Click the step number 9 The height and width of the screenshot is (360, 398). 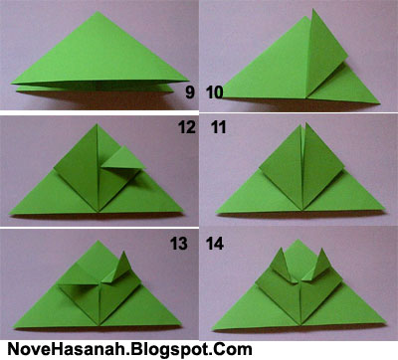190,91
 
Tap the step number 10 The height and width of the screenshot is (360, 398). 215,92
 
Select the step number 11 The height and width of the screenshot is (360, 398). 218,127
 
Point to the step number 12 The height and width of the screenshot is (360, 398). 187,127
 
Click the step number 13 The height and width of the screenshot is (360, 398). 179,244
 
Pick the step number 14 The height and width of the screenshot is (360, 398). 215,244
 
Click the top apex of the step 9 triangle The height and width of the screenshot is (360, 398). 98,12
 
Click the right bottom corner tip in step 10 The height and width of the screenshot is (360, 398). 379,103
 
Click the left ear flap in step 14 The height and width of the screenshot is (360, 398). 282,267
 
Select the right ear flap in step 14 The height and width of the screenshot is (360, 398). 317,266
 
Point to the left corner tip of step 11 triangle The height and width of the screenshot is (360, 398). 216,212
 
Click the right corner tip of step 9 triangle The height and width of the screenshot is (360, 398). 188,81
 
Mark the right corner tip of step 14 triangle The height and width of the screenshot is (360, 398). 386,321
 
